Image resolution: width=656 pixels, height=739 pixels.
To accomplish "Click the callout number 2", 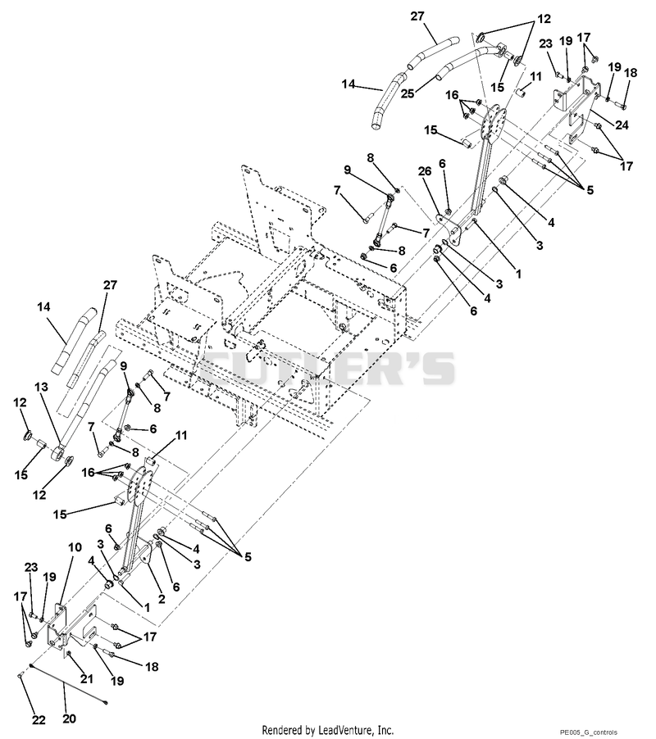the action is (162, 599).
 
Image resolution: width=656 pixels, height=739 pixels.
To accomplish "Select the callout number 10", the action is (75, 547).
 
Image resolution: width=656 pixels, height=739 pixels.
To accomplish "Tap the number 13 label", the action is (41, 387).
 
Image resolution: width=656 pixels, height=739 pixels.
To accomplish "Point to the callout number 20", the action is (69, 719).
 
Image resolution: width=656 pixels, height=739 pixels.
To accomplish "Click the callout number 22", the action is (39, 719).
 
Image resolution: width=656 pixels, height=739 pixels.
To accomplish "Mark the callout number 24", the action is (622, 125).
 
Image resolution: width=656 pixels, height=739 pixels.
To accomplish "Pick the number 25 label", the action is (408, 93).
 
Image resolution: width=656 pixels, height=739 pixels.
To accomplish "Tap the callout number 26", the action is (425, 171).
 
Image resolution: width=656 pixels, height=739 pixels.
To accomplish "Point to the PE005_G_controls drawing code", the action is (588, 732).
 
